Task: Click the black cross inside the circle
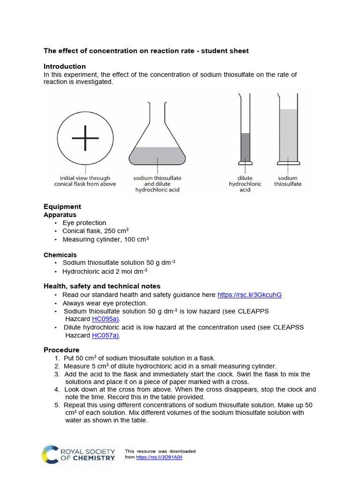tap(85, 138)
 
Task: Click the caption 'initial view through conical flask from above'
tap(85, 181)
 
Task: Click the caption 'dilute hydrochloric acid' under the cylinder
tap(245, 184)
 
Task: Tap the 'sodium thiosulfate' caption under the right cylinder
tap(288, 181)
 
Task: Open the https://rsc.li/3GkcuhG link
tap(249, 295)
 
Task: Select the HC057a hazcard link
tap(105, 335)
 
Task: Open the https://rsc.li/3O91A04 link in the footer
tap(159, 457)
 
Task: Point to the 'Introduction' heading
tap(65, 67)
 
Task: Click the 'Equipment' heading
tap(62, 207)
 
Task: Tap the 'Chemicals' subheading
tap(60, 255)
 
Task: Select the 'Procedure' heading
tap(61, 350)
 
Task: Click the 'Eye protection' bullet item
tap(84, 223)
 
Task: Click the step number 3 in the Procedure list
tap(57, 374)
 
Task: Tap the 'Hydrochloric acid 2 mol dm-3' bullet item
tap(105, 271)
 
